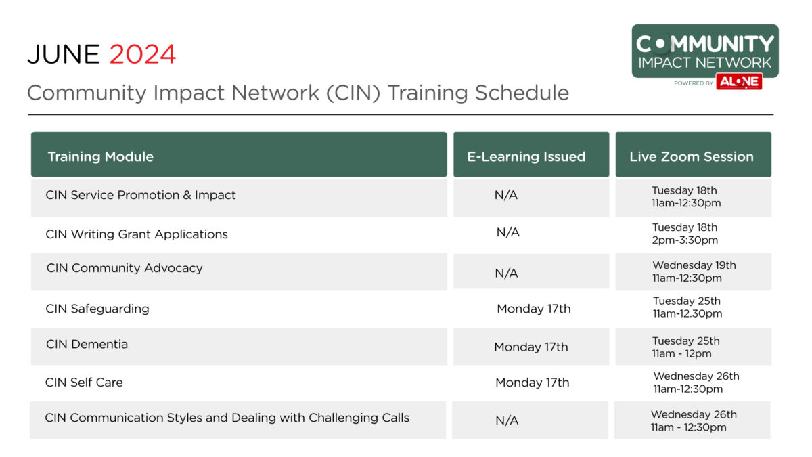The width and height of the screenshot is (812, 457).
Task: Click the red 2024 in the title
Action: (x=143, y=54)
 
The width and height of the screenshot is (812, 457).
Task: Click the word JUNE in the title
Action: (x=64, y=54)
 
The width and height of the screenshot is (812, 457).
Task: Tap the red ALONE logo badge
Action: (x=739, y=82)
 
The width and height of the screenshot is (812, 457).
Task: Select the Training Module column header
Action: (x=100, y=156)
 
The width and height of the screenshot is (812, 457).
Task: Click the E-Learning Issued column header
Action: (x=526, y=156)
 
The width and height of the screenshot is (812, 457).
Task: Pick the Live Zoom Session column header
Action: (x=691, y=156)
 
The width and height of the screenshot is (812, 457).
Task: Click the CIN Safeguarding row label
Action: (x=97, y=309)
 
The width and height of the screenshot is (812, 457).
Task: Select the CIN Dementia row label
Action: (x=87, y=344)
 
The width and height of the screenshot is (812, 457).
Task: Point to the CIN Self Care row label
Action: (x=84, y=383)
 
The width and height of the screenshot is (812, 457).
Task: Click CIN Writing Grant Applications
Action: (x=137, y=234)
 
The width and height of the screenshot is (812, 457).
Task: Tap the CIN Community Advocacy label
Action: (x=125, y=268)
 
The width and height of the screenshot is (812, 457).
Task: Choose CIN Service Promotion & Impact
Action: (x=141, y=195)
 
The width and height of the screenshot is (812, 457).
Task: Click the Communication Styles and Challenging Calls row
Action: (x=227, y=418)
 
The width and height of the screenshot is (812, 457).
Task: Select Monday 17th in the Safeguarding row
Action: (x=533, y=309)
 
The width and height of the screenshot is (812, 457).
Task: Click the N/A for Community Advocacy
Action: (x=506, y=273)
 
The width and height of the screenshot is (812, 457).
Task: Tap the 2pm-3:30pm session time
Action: (x=685, y=240)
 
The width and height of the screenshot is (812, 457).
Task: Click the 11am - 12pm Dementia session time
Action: (x=681, y=353)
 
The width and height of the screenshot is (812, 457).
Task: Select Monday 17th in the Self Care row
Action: (x=532, y=383)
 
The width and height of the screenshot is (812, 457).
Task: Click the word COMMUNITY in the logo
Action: (x=704, y=44)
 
